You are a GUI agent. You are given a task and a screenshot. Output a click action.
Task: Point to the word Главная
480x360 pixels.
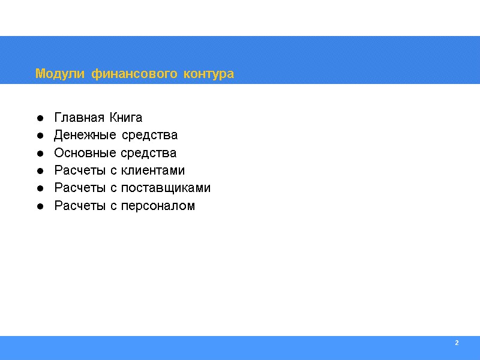pos(75,117)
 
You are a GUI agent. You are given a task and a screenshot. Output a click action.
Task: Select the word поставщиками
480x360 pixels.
pos(166,188)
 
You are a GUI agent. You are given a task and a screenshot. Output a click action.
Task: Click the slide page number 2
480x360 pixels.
pos(457,343)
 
